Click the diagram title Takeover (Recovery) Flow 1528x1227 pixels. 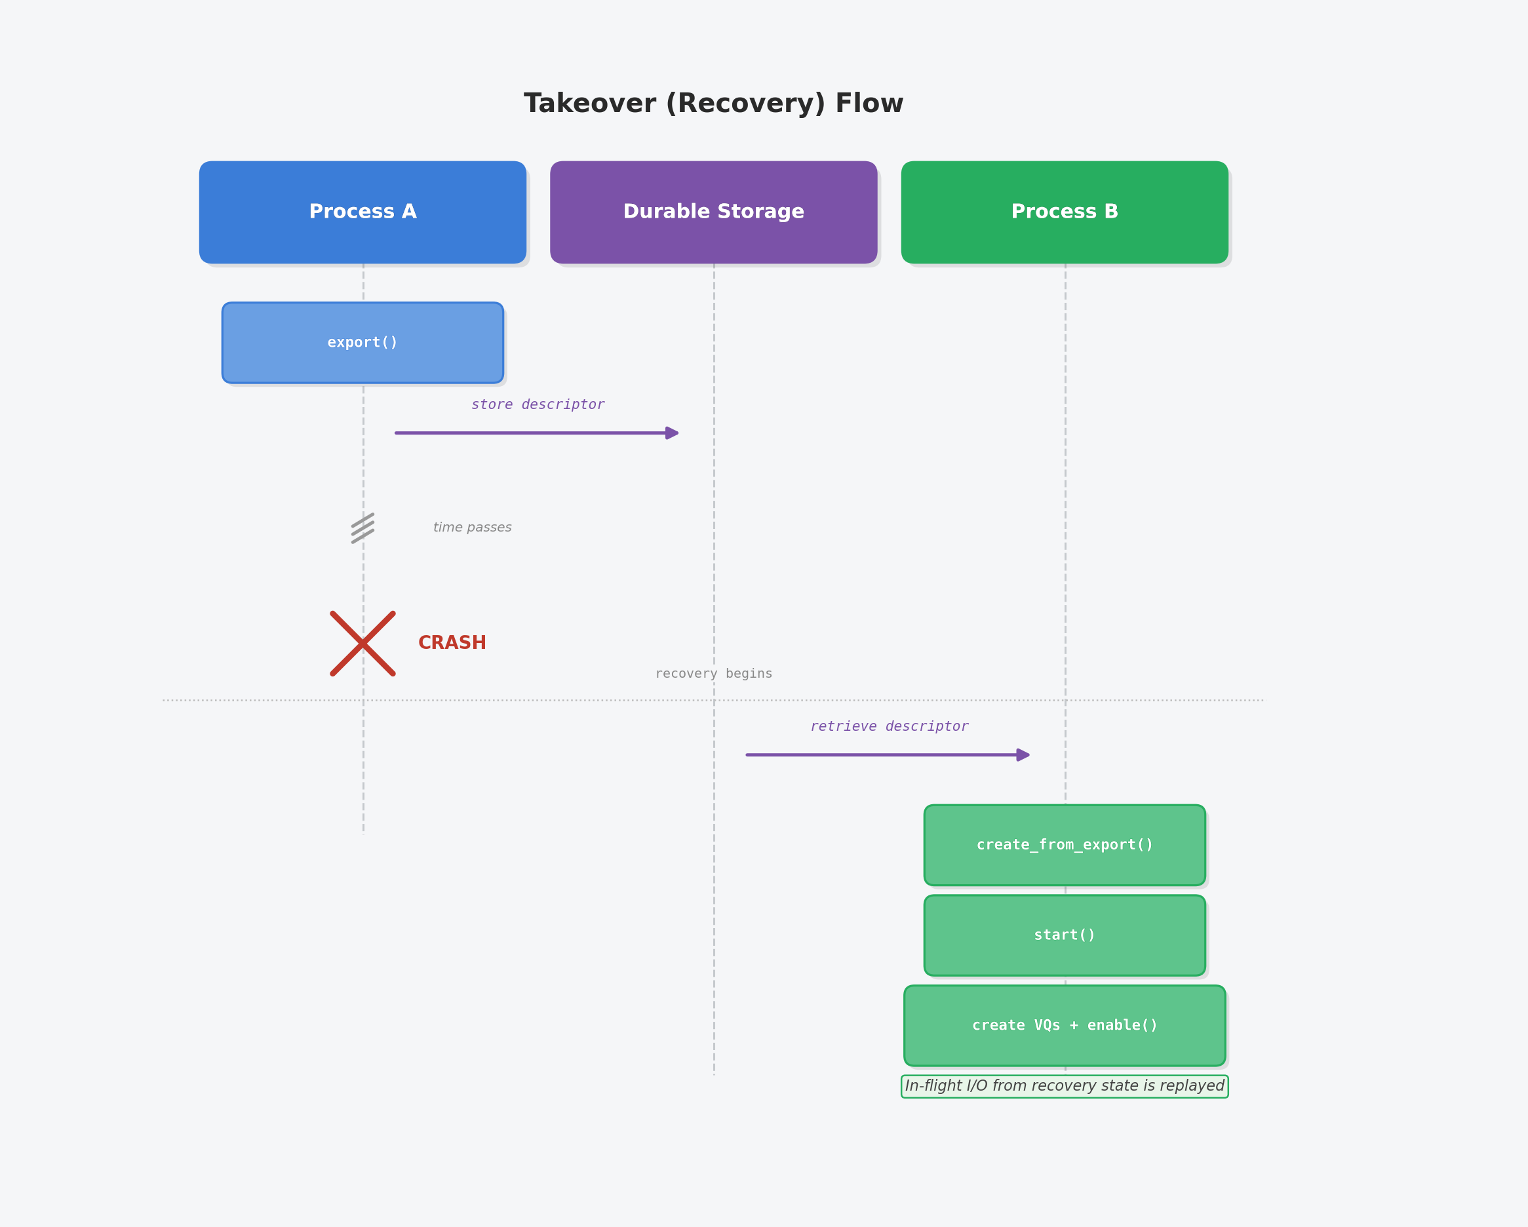coord(714,104)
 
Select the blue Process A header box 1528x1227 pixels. coord(363,212)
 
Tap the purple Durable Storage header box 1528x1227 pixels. coord(714,212)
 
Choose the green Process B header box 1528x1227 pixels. coord(1065,212)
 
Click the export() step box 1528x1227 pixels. coord(363,343)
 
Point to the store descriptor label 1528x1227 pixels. coord(538,405)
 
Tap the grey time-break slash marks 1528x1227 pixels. coord(363,529)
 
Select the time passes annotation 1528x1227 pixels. coord(472,528)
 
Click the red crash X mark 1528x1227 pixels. coord(363,644)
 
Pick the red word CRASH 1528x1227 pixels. coord(452,643)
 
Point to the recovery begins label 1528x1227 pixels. coord(714,673)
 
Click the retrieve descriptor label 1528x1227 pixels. coord(890,726)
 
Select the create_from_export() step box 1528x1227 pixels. coord(1065,845)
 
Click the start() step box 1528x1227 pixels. coord(1065,935)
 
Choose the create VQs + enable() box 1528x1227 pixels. coord(1065,1026)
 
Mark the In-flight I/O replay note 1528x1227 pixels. coord(1065,1086)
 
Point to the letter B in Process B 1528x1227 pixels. coord(1111,211)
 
